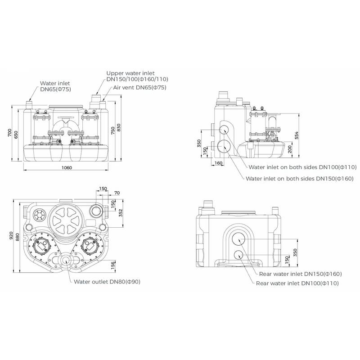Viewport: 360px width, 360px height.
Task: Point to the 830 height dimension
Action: click(119, 127)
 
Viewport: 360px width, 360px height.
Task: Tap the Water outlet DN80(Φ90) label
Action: click(108, 282)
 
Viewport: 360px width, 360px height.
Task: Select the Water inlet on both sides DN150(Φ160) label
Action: click(300, 178)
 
